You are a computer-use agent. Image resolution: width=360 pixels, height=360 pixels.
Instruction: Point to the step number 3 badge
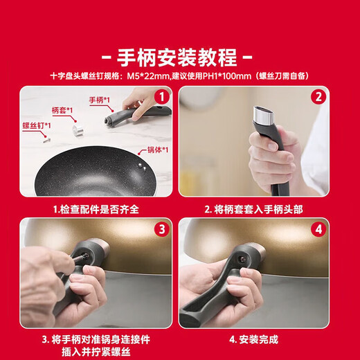pyautogui.click(x=162, y=228)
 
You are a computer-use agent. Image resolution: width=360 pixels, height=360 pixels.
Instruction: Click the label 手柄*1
pyautogui.click(x=100, y=100)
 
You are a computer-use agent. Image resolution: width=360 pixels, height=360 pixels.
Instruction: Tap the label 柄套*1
pyautogui.click(x=62, y=110)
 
